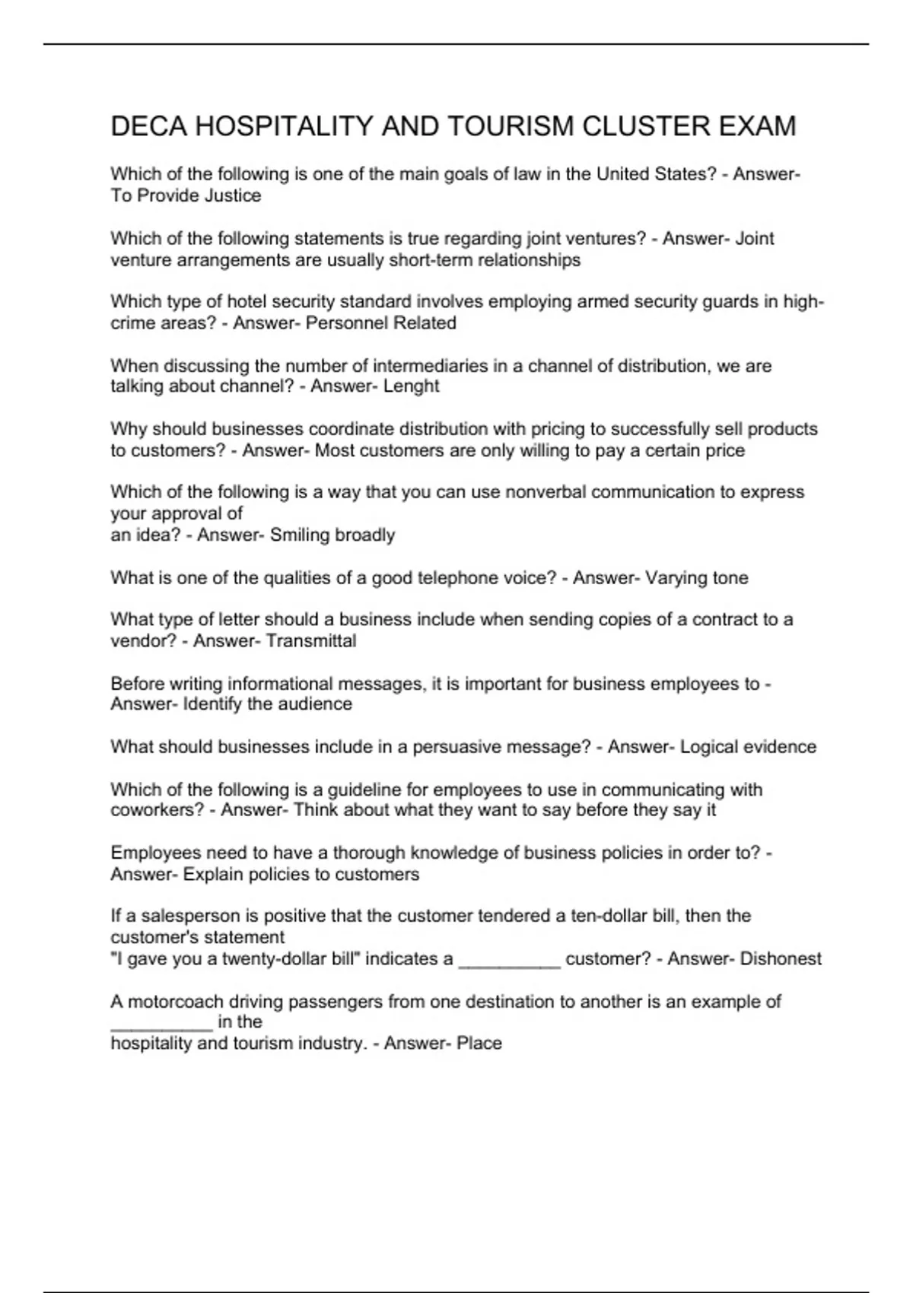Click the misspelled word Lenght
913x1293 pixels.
(x=411, y=386)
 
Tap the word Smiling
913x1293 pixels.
(x=301, y=535)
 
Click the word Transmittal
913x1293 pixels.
(x=311, y=641)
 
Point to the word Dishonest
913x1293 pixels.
(x=781, y=959)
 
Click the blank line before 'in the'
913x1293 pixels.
(x=161, y=1028)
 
